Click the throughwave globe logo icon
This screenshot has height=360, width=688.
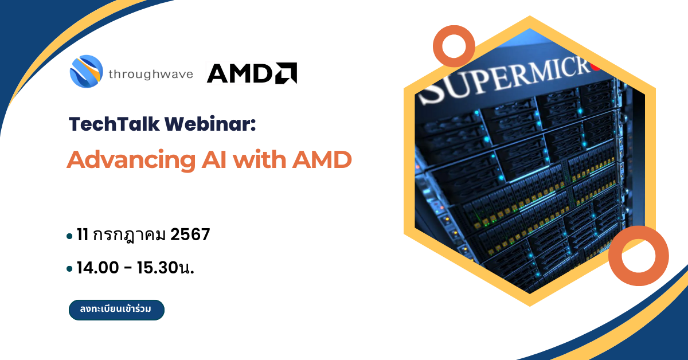(x=87, y=71)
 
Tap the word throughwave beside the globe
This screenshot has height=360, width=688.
(x=151, y=75)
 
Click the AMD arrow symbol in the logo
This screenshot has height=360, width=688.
(x=286, y=73)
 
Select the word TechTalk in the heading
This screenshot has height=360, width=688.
(x=114, y=124)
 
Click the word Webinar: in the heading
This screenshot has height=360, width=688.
(x=210, y=124)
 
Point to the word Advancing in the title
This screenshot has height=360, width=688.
(x=131, y=161)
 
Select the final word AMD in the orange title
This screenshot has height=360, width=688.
(x=322, y=160)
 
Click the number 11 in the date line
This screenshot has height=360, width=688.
(x=83, y=234)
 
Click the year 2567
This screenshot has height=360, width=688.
(x=190, y=234)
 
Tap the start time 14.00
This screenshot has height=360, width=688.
(x=97, y=268)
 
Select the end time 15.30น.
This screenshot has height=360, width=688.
(x=166, y=268)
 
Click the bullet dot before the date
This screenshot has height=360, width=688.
(x=69, y=236)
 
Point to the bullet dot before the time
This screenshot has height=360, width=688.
(x=69, y=269)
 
